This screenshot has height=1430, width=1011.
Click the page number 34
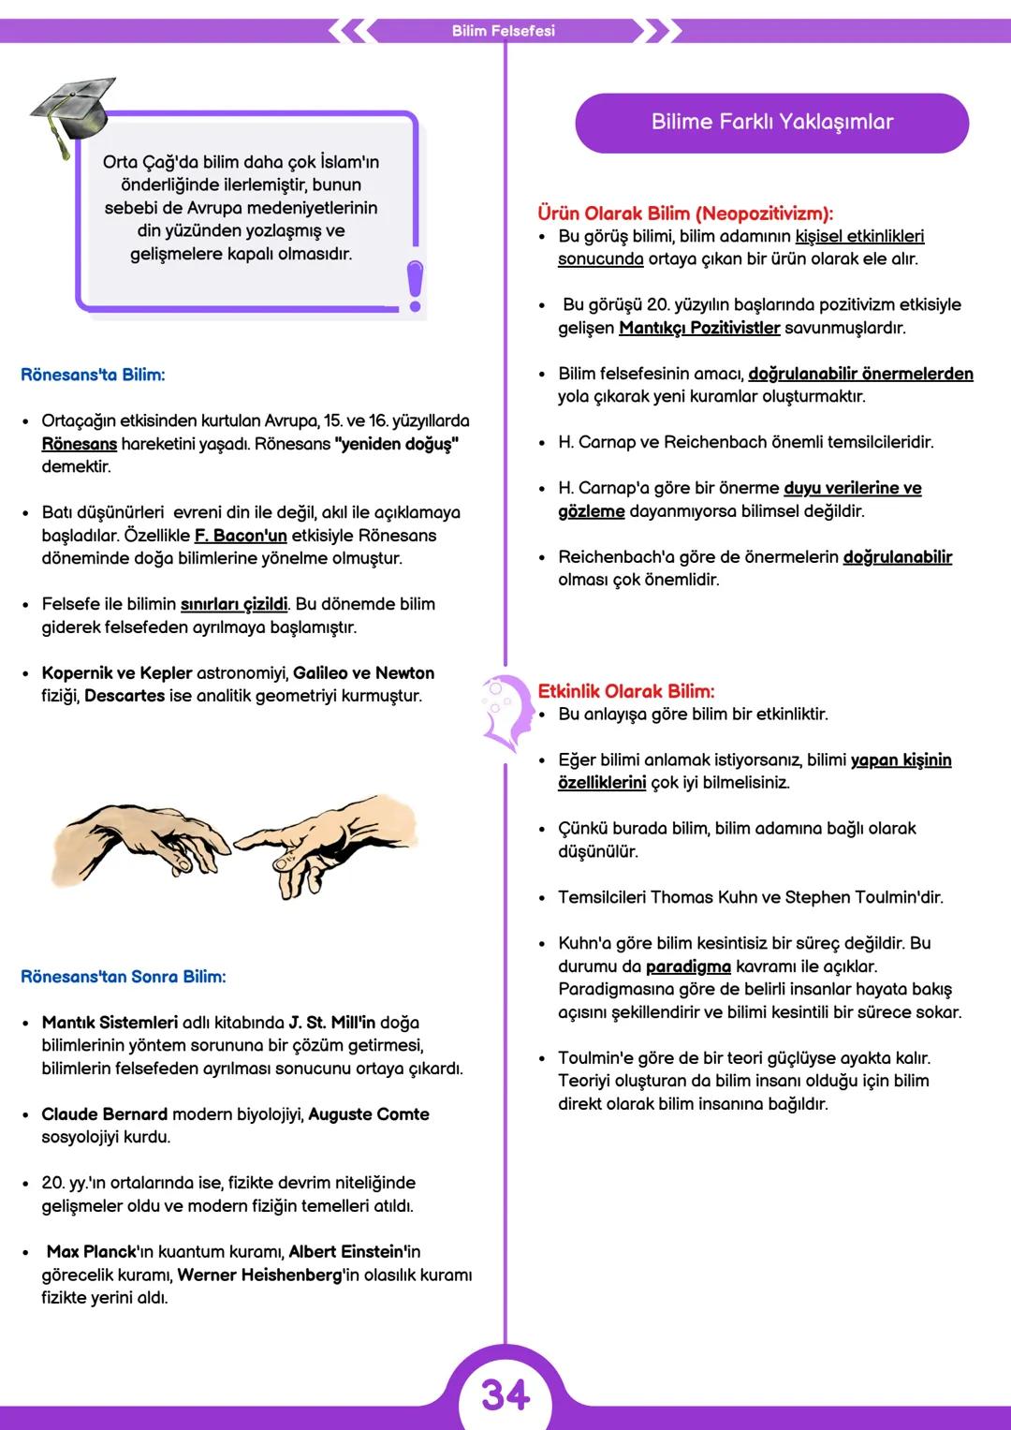(505, 1395)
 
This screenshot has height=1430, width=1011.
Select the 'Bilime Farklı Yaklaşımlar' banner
(771, 122)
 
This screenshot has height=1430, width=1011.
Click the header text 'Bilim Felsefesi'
(503, 31)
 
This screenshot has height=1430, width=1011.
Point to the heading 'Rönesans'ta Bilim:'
(93, 375)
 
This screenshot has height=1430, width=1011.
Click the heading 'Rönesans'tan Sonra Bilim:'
(123, 977)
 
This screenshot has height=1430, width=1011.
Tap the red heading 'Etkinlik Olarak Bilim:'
(625, 691)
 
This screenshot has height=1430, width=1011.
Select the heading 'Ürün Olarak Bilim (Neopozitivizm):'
(684, 214)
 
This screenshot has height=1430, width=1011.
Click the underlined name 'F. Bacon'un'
(241, 536)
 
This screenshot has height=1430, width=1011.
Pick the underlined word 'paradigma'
(688, 966)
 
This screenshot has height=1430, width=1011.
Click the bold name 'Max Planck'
(92, 1252)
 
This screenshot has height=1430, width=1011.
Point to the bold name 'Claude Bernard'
(104, 1114)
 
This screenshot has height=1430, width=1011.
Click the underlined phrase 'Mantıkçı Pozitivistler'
(699, 328)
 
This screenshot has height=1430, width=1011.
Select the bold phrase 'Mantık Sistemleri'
(110, 1023)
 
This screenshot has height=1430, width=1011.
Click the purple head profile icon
(504, 712)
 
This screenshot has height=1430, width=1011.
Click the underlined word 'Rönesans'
(80, 444)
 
